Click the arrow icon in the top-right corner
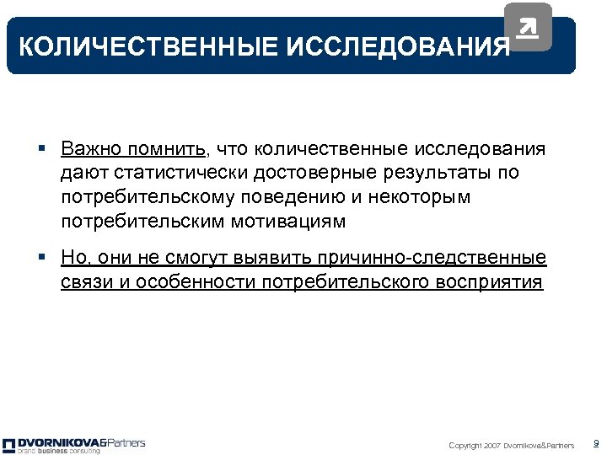528,28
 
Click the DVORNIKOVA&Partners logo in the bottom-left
74,442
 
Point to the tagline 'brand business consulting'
59,451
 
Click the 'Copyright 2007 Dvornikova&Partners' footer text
511,446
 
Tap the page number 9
596,443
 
